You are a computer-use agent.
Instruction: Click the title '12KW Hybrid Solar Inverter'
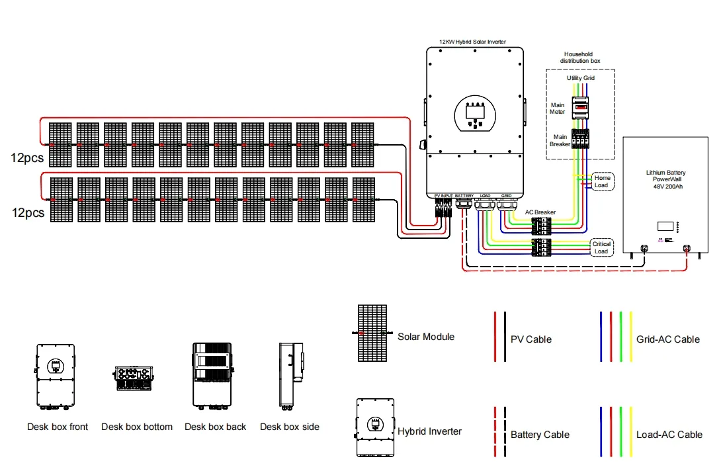tap(472, 42)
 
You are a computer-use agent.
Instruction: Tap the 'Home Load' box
tap(602, 182)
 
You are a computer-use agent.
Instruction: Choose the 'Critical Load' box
tap(601, 247)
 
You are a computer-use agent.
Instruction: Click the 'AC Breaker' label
tap(540, 212)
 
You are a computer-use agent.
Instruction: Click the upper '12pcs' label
tap(27, 158)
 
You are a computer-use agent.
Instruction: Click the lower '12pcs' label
tap(27, 213)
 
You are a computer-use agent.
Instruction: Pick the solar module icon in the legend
tap(373, 333)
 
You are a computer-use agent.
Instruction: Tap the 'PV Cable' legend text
tap(531, 339)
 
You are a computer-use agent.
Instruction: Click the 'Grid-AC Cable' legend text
tap(668, 339)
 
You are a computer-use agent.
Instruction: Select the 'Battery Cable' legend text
tap(540, 435)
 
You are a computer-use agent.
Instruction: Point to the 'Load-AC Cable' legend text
tap(669, 435)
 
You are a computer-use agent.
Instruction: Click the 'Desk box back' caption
tap(215, 427)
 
